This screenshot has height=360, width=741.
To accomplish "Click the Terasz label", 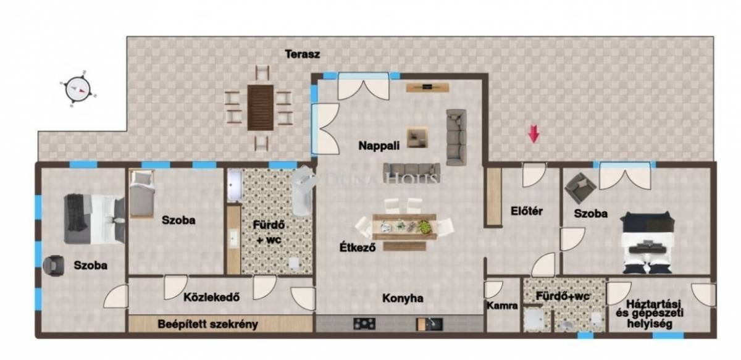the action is pos(303,54).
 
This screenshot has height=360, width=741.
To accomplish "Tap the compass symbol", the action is pos(78,90).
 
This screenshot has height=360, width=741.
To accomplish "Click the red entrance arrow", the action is pos(534,133).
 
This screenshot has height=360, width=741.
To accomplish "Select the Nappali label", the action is pos(379,146).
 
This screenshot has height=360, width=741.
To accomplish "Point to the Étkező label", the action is pos(358,248).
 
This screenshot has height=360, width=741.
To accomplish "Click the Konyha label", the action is pos(403,298).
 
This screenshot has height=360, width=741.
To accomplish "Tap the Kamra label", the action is pos(502,306).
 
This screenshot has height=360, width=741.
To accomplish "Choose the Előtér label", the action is pos(527,211).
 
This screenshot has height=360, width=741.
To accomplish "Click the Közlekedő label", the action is pos(211,297).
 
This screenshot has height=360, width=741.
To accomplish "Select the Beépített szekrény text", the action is pos(207,324).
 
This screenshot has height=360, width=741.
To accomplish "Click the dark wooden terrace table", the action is pos(261,107).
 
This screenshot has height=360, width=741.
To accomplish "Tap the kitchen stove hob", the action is pos(364,324).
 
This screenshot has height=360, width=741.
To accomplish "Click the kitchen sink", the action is pos(430,324).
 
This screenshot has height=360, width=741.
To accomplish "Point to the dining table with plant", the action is pos(404,227).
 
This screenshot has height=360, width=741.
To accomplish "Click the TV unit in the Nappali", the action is pos(427,87).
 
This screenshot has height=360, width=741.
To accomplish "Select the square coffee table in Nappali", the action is pos(417,138).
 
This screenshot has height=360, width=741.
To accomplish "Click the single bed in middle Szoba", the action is pos(142,195).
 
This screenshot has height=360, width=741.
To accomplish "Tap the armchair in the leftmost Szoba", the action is pos(54,266).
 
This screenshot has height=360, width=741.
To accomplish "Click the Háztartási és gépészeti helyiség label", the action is pos(650,314).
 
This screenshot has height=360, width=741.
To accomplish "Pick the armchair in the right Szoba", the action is pos(580,188).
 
